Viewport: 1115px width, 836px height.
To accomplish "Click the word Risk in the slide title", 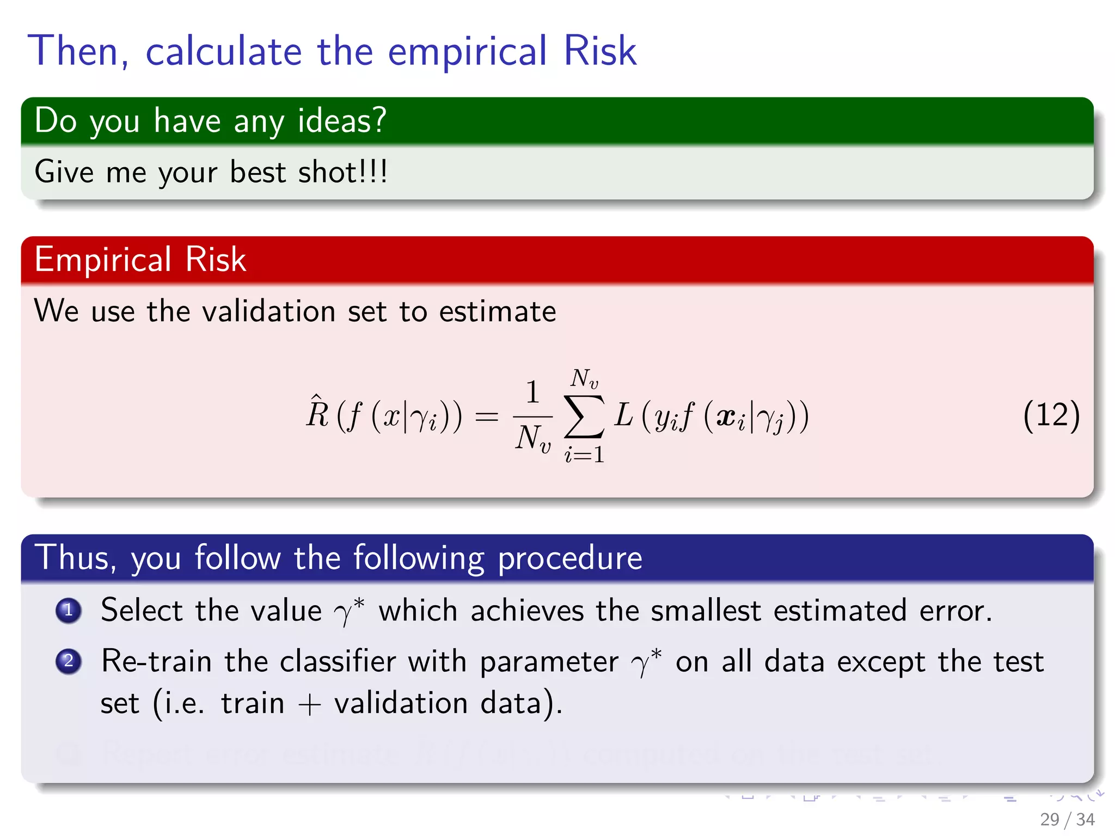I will (599, 51).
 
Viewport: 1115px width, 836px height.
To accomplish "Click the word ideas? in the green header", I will (342, 120).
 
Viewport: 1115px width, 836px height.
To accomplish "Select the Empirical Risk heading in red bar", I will (140, 259).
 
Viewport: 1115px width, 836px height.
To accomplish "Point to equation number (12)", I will (1051, 415).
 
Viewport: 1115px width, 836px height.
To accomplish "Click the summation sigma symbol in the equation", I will (584, 416).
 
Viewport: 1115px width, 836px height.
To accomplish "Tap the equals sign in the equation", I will (486, 417).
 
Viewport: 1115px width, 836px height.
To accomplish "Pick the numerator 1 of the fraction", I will (532, 392).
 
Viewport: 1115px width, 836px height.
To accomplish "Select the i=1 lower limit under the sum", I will (584, 454).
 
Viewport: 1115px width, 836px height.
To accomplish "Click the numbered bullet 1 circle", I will (69, 610).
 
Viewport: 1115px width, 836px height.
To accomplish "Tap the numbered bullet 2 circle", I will (69, 661).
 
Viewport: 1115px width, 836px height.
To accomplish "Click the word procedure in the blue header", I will (570, 558).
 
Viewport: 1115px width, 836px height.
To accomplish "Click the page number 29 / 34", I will (1067, 819).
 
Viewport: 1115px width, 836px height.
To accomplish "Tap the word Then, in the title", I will (78, 51).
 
